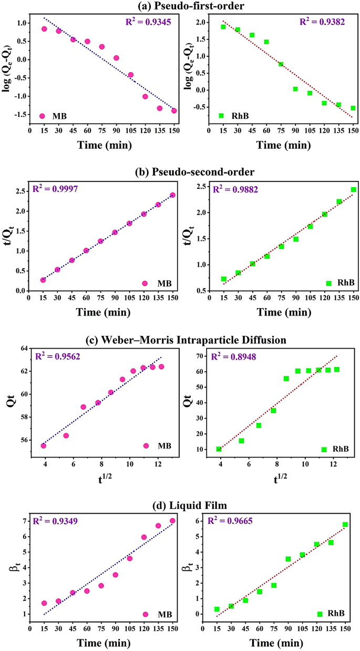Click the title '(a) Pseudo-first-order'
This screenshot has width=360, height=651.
[x=180, y=6]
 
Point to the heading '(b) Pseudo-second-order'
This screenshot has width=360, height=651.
[x=180, y=172]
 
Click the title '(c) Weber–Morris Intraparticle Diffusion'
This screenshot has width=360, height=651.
[x=180, y=340]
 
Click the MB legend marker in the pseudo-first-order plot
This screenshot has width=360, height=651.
[x=42, y=116]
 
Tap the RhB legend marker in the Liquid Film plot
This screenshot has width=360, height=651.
[x=320, y=614]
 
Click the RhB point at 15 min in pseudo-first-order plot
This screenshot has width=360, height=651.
[x=223, y=27]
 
